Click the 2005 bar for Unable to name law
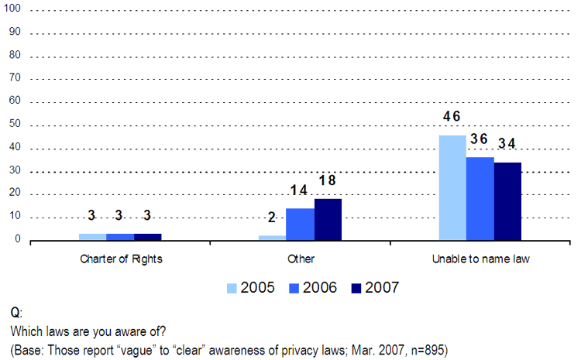[452, 188]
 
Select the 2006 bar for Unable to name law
[480, 199]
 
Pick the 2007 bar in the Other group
[328, 220]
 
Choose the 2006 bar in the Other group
[300, 225]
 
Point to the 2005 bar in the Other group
[272, 238]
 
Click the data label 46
[452, 117]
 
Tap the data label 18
[327, 180]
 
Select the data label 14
[299, 190]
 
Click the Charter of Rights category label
[120, 259]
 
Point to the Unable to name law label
[480, 259]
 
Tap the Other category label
[300, 259]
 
